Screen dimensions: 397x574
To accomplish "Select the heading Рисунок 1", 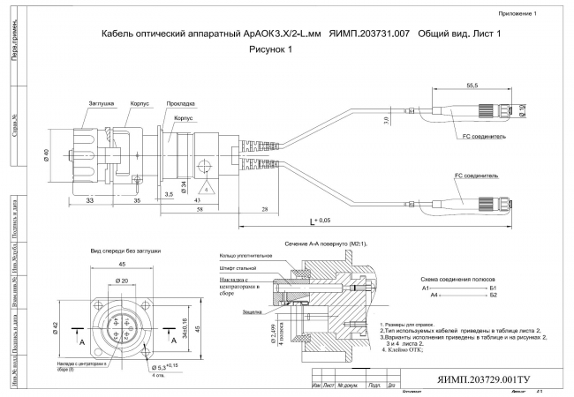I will pos(270,50).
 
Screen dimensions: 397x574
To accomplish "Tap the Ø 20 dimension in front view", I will pos(123,281).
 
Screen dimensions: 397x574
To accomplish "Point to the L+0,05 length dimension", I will pos(321,220).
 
